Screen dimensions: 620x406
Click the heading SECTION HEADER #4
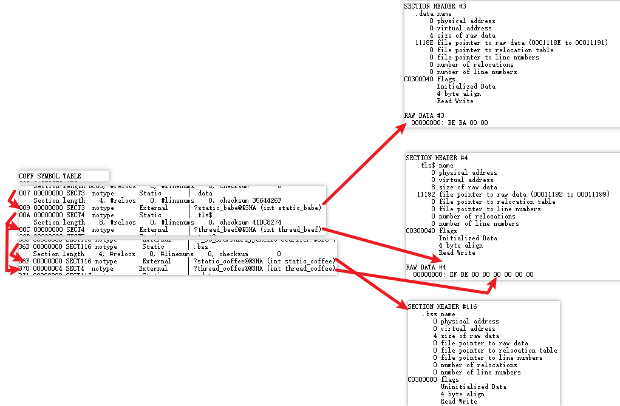tap(437, 158)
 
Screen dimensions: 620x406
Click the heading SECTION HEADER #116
tap(438, 306)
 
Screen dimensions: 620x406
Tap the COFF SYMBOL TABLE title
tap(50, 176)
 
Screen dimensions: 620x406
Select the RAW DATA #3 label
tap(424, 115)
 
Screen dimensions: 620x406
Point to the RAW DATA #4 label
tap(426, 267)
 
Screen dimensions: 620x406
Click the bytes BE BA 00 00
tap(468, 123)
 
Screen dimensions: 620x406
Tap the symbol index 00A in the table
tap(24, 215)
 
